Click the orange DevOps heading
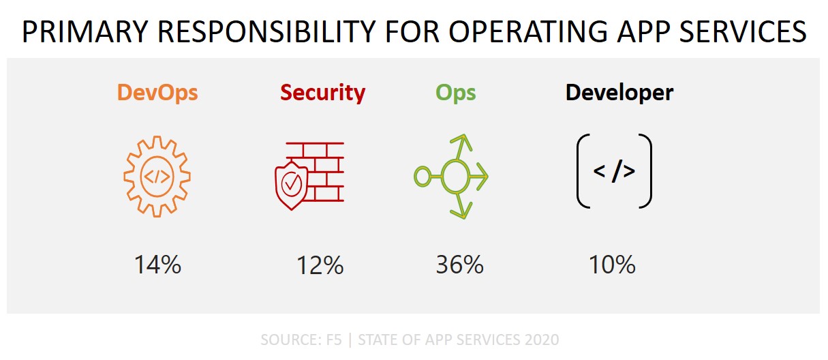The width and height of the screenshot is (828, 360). click(157, 93)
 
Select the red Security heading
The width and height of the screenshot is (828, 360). click(322, 93)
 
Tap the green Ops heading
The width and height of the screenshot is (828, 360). click(456, 93)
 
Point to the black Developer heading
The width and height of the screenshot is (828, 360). click(619, 93)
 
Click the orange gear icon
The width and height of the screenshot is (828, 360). click(157, 176)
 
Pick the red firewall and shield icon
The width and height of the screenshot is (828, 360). click(304, 176)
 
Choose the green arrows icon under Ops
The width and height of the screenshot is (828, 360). click(451, 177)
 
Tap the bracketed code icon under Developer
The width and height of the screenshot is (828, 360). click(614, 171)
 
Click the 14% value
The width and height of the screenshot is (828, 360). click(157, 265)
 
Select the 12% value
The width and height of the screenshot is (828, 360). click(320, 265)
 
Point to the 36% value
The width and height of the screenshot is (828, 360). click(459, 265)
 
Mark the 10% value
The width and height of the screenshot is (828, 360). click(612, 265)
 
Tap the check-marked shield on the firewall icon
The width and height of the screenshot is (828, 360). click(291, 184)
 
